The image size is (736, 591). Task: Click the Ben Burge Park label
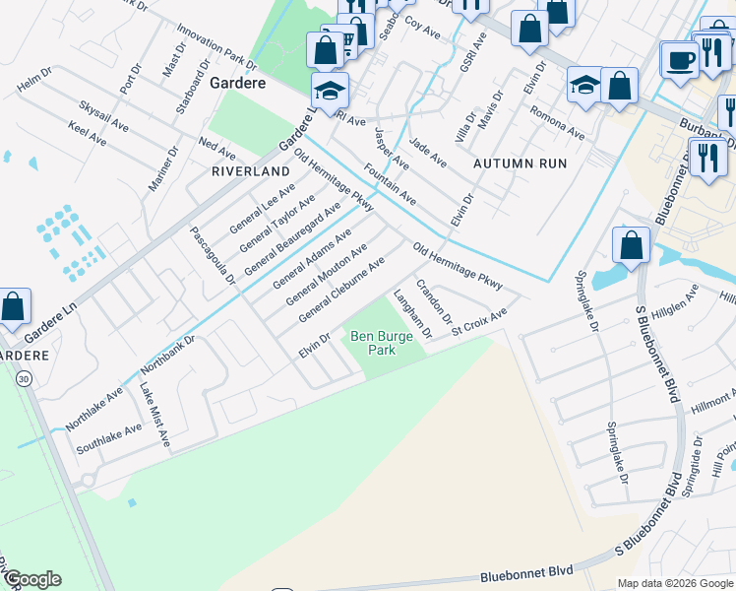click(x=373, y=343)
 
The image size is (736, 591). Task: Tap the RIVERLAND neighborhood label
click(x=251, y=170)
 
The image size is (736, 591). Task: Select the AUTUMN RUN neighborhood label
click(x=521, y=163)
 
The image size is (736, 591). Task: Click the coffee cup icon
click(x=679, y=60)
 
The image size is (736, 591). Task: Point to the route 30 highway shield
click(x=23, y=377)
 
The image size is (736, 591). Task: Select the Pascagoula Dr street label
click(x=213, y=253)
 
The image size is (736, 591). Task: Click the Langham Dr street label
click(x=412, y=314)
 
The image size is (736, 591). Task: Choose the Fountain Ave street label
click(x=390, y=184)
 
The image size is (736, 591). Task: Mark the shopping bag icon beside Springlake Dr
click(x=631, y=245)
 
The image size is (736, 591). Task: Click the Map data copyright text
click(x=675, y=583)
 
